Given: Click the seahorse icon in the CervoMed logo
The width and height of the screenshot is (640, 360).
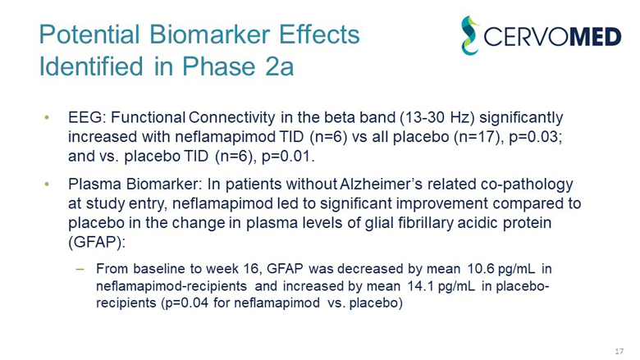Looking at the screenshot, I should tap(469, 36).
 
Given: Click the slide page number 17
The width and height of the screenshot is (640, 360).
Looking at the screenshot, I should tap(619, 351).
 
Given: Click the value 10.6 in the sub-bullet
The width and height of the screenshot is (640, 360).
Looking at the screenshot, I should tap(479, 268).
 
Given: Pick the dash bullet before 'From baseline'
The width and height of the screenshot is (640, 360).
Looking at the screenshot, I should tap(80, 268).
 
